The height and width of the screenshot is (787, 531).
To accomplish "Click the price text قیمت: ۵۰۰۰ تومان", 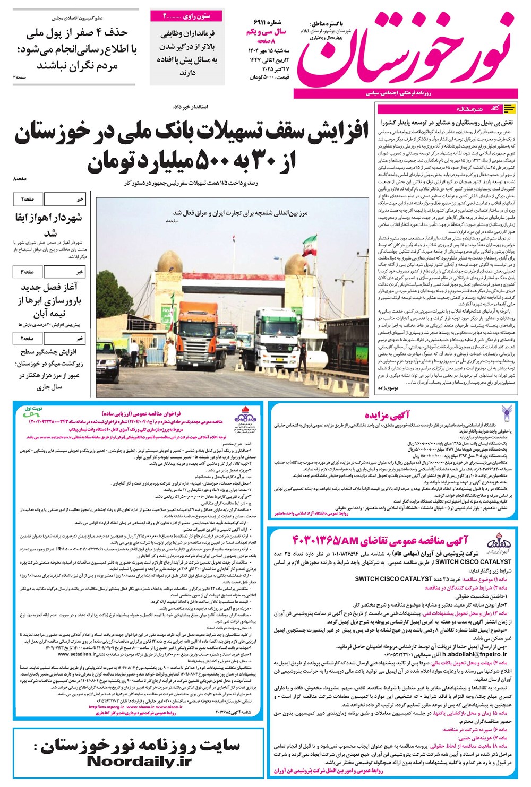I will coord(269,77).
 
